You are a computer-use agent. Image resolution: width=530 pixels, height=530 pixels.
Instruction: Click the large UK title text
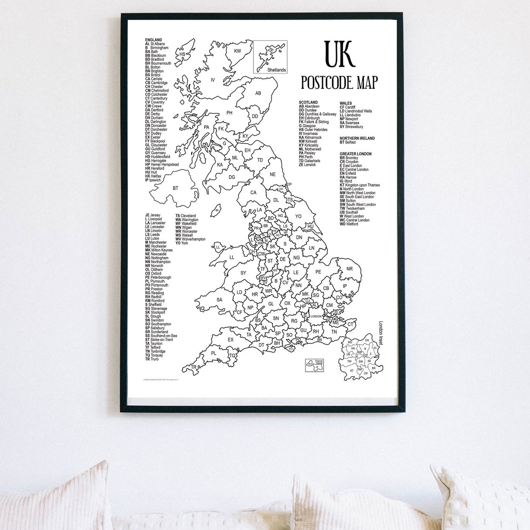click(x=340, y=54)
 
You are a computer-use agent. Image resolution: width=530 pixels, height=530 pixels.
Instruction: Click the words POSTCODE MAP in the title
click(x=339, y=82)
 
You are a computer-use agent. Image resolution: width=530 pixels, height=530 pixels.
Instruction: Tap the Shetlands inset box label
click(x=277, y=70)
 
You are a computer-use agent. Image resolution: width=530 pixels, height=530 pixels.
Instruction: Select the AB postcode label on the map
click(x=258, y=93)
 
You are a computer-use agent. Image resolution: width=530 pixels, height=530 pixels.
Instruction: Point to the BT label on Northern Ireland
click(x=175, y=188)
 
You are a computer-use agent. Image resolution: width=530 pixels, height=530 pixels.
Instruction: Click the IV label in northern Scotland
click(x=213, y=80)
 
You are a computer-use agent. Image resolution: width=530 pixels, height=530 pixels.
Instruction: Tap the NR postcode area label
click(x=350, y=269)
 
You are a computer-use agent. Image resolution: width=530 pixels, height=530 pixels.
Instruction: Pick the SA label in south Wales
click(x=219, y=300)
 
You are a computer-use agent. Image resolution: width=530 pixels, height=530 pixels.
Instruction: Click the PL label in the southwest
click(x=213, y=353)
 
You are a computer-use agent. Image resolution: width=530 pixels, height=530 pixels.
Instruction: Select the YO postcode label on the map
click(x=298, y=216)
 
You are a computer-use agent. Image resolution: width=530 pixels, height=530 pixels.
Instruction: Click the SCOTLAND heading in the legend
click(x=308, y=102)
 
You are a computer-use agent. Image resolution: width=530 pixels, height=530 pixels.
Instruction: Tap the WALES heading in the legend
click(x=345, y=103)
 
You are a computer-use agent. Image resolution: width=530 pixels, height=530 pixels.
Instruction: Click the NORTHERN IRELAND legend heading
click(x=357, y=138)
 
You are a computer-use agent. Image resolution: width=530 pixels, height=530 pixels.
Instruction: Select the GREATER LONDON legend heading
click(x=356, y=154)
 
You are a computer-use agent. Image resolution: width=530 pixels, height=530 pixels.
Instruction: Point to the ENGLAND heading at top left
click(x=153, y=40)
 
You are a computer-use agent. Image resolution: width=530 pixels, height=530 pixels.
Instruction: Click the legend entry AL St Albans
click(x=155, y=44)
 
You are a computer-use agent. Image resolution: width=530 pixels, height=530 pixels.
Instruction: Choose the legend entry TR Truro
click(x=152, y=359)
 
